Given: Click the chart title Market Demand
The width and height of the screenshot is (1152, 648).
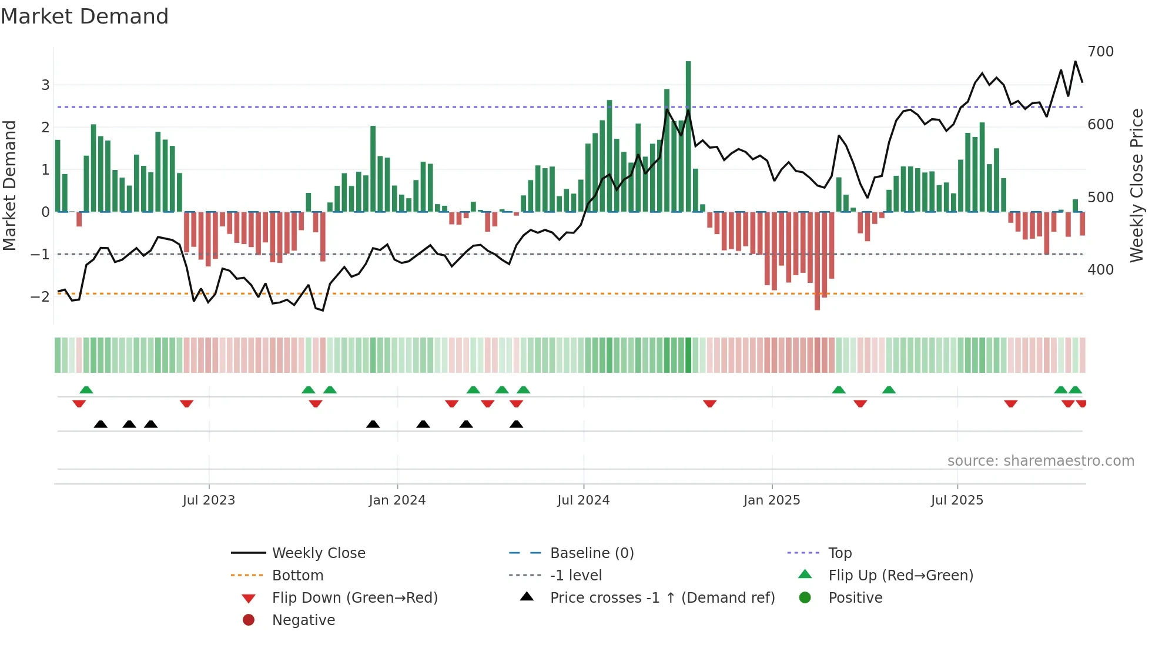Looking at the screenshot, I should tap(85, 16).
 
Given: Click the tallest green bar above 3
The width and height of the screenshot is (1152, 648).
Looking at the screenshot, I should tap(688, 135).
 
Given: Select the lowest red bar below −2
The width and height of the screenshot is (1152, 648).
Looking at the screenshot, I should tap(817, 262).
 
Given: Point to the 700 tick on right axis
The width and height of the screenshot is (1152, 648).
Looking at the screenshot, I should tap(1100, 52).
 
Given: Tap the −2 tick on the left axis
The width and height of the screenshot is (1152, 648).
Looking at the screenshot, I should tap(41, 296).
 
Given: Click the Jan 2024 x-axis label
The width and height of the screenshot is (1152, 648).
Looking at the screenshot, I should tap(397, 500).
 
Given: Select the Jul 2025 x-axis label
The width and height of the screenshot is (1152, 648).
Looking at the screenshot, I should tap(957, 500).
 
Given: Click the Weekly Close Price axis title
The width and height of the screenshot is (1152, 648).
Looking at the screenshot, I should tap(1137, 185).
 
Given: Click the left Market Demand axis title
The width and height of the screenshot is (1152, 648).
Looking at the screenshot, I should tap(10, 185).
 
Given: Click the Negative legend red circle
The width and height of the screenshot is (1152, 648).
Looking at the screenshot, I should tap(249, 620).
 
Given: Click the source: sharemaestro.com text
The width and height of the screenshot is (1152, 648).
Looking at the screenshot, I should tap(1040, 461).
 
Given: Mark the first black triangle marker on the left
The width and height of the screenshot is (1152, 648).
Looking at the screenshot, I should tap(101, 425).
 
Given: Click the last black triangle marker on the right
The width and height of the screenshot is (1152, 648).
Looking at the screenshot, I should tap(516, 425).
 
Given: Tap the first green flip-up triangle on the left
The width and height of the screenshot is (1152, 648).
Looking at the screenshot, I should tap(86, 390).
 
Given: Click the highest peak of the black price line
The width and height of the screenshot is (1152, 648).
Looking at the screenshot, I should tap(1076, 62).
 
